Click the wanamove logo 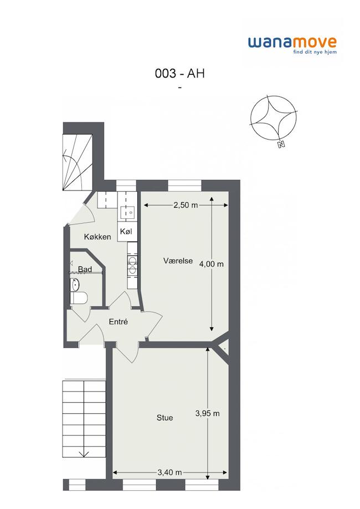click(x=292, y=45)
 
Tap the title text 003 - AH click(x=180, y=74)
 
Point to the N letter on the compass click(x=281, y=145)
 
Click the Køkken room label click(x=97, y=236)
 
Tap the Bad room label click(x=85, y=269)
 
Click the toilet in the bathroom click(x=79, y=297)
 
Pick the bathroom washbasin click(x=75, y=285)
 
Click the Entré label click(x=118, y=322)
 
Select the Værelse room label click(x=178, y=261)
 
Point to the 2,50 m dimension click(x=186, y=205)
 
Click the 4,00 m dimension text click(x=212, y=264)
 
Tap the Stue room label click(x=164, y=418)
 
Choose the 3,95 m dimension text click(x=208, y=413)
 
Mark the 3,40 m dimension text click(x=170, y=472)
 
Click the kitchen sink click(x=127, y=213)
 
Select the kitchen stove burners click(x=132, y=265)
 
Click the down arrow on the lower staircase click(x=84, y=453)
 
